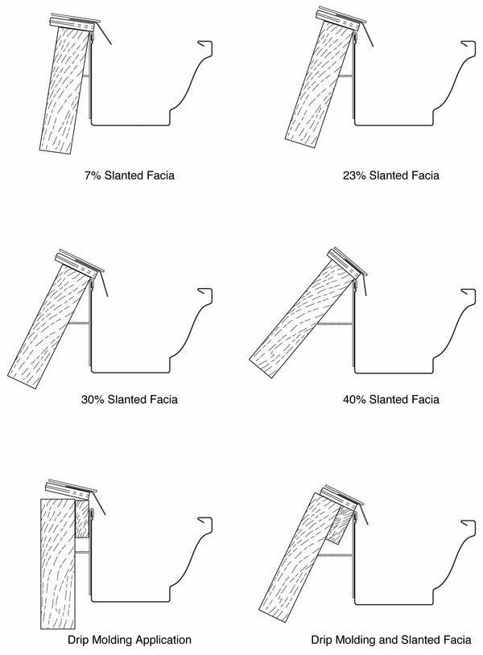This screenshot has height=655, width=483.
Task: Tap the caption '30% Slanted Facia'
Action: pos(130,399)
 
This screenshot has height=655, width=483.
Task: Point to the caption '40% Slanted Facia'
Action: pos(391,399)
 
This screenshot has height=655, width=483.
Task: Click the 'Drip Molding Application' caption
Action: pos(130,641)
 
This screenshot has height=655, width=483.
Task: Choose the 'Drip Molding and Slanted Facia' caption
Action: pos(391,641)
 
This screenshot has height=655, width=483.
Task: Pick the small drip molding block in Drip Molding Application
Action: pos(80,520)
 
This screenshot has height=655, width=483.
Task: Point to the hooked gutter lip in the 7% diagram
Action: pos(206,47)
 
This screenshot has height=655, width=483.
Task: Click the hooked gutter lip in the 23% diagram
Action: pos(469,47)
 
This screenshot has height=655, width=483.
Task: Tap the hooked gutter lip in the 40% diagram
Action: pos(469,293)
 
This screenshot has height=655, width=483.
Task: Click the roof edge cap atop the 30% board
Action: pos(79,264)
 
